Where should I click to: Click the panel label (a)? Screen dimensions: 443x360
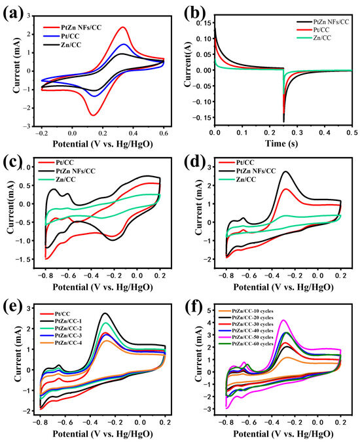(14, 12)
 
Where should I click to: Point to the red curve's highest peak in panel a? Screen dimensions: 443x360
(123, 27)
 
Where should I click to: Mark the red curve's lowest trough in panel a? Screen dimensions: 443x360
(92, 115)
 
